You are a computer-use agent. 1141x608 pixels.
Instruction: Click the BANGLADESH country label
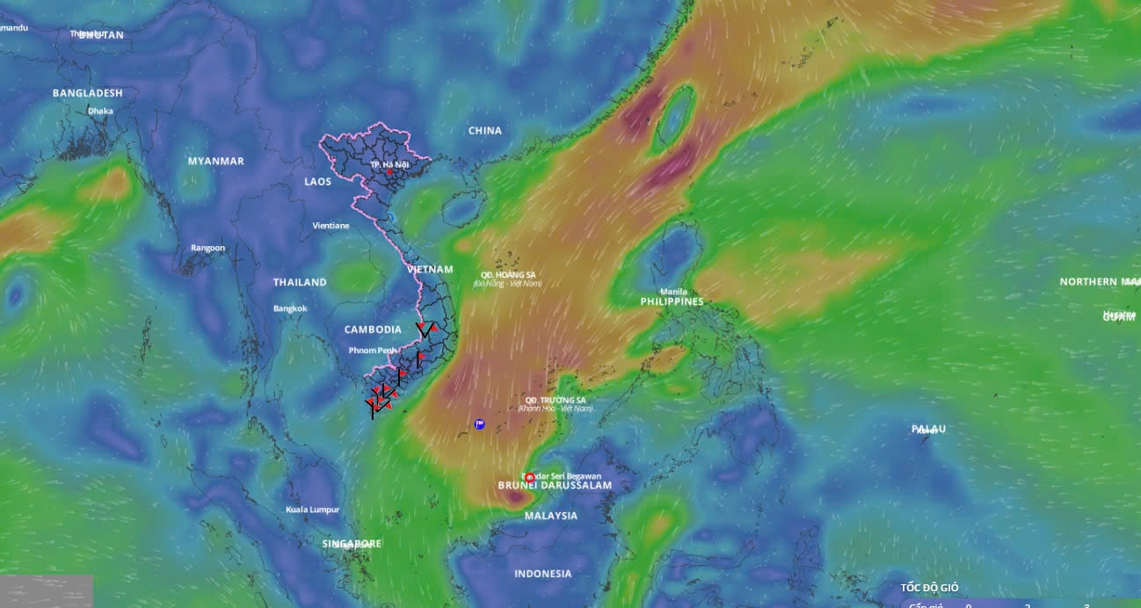click(88, 93)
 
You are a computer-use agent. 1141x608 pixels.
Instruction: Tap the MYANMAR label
click(216, 162)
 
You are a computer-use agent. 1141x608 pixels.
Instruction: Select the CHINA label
click(485, 131)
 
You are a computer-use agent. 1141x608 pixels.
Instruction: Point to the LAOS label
click(318, 182)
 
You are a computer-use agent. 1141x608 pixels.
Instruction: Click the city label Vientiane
click(331, 226)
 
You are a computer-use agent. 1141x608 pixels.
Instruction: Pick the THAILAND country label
click(300, 283)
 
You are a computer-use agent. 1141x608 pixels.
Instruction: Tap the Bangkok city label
click(290, 308)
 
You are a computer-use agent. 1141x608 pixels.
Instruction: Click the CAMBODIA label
click(373, 330)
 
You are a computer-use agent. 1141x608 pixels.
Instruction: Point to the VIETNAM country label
click(430, 270)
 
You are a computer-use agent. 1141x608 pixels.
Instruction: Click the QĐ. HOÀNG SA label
click(508, 275)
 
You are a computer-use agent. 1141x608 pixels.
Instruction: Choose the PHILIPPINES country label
click(672, 302)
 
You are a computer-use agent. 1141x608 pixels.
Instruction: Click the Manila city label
click(673, 292)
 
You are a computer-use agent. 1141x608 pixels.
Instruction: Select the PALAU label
click(928, 429)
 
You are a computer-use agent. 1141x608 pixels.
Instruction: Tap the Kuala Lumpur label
click(313, 510)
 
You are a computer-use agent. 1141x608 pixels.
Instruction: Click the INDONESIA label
click(543, 575)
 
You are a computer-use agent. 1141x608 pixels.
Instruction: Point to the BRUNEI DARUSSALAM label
click(555, 485)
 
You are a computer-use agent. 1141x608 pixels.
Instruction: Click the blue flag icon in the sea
click(479, 424)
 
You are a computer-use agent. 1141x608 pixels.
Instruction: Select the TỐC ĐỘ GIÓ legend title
click(929, 588)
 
